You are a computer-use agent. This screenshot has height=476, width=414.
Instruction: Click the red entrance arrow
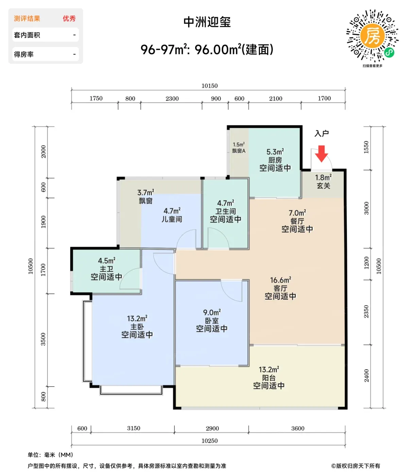tap(321, 154)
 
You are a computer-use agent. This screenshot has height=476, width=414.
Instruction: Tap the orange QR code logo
tap(372, 35)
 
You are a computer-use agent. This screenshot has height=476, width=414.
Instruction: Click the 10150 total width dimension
tap(209, 86)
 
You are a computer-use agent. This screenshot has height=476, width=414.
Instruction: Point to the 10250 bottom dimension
tap(209, 441)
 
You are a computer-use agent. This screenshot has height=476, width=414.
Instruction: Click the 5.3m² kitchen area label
tap(275, 152)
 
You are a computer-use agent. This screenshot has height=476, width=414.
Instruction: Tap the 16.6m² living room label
tap(280, 280)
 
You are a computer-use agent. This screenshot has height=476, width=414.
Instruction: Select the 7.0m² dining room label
tap(297, 213)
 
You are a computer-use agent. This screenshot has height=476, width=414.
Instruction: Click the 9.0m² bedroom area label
tap(212, 312)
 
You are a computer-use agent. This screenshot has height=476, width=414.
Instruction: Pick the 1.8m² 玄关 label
tap(323, 182)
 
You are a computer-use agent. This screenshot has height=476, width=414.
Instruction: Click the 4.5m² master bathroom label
tap(106, 260)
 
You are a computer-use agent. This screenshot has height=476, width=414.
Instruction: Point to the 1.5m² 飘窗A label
tap(239, 148)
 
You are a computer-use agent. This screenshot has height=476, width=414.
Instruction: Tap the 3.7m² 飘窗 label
tap(145, 197)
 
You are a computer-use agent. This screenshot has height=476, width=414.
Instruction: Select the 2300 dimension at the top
tap(172, 99)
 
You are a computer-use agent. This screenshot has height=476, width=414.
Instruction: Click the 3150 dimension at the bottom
tap(134, 428)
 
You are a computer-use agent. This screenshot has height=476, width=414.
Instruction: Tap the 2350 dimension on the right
tap(366, 311)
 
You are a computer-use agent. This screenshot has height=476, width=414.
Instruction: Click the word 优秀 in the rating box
tap(69, 19)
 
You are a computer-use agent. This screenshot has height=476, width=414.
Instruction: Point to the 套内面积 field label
tap(27, 35)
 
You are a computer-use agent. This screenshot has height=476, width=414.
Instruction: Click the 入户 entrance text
tap(322, 134)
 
